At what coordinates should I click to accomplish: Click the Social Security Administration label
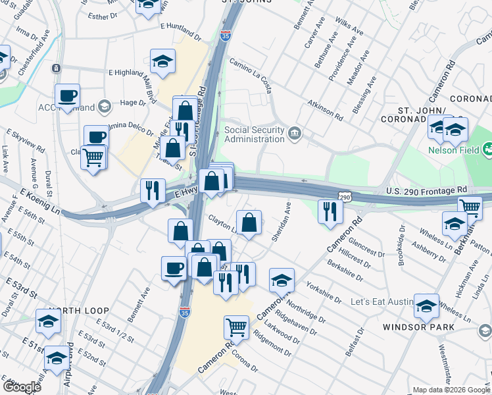point(255,134)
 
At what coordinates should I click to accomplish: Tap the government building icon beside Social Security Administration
point(295,134)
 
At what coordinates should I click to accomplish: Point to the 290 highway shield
point(345,197)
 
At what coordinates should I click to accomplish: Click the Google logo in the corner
point(22,387)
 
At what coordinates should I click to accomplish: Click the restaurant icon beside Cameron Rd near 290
point(330,211)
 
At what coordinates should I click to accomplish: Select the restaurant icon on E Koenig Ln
point(153,190)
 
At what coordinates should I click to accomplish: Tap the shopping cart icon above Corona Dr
point(236,326)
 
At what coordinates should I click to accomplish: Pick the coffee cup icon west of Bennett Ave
point(174,267)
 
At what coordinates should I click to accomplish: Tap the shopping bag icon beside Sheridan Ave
point(249,223)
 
